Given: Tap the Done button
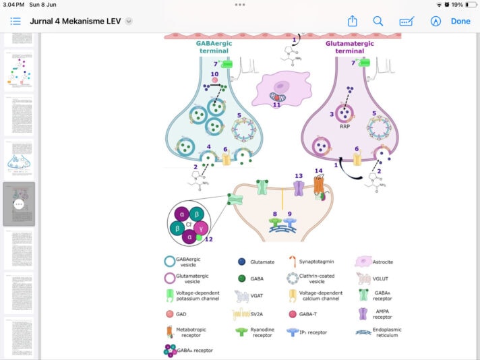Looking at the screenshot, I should click(x=460, y=21).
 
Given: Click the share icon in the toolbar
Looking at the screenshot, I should click(x=352, y=21).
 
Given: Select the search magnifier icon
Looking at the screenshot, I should click(x=378, y=21).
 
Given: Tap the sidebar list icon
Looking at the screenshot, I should click(x=16, y=21).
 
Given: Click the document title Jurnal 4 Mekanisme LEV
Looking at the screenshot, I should click(x=75, y=21).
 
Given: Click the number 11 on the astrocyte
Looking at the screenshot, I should click(x=276, y=104).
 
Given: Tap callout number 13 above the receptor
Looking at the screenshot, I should click(x=299, y=176).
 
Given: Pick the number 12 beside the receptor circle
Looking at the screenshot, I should click(x=208, y=239).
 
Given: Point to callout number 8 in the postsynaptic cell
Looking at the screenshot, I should click(x=274, y=214).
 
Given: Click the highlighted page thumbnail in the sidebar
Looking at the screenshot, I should click(x=19, y=204).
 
